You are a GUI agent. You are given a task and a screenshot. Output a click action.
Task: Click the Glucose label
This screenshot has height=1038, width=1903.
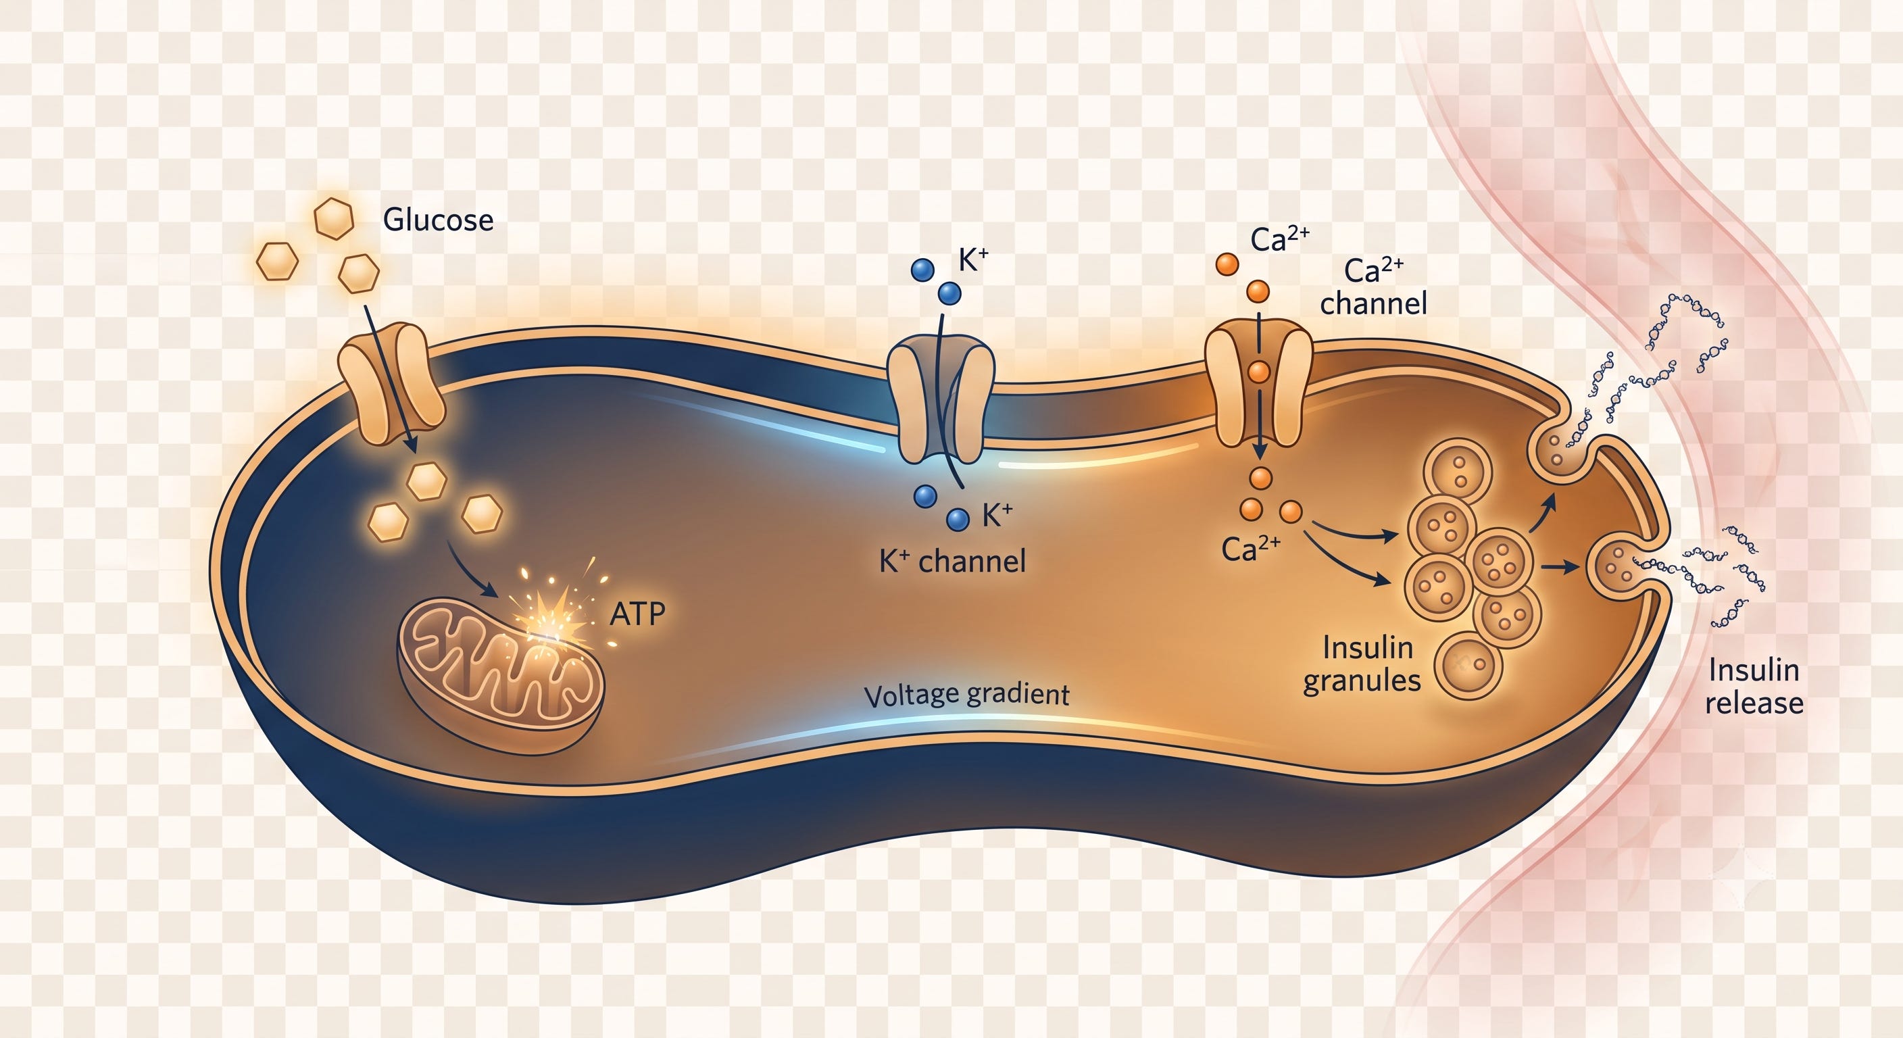[x=438, y=220]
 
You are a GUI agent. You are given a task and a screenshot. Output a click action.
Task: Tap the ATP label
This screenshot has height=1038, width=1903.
[x=637, y=613]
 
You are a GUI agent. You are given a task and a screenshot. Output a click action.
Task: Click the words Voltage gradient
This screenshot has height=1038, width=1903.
[x=966, y=695]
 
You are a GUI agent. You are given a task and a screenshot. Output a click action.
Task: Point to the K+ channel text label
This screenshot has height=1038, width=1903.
[x=952, y=562]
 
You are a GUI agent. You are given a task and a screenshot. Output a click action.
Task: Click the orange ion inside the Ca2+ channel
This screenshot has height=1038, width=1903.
[x=1259, y=371]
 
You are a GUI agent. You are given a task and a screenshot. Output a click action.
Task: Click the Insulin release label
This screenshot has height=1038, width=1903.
[x=1754, y=687]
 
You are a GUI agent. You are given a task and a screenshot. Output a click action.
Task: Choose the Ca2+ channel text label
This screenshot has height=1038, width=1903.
[x=1373, y=287]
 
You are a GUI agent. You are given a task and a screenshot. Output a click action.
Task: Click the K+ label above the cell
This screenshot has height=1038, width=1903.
[x=973, y=261]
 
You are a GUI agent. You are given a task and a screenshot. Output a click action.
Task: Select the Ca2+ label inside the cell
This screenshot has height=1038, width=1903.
[x=1251, y=549]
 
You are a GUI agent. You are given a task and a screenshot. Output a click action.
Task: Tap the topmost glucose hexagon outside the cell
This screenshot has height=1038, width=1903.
[x=334, y=218]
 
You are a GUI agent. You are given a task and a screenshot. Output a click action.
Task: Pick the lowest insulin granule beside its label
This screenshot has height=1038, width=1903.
[x=1468, y=665]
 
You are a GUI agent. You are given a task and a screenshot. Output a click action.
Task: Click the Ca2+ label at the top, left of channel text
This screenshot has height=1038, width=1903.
[x=1280, y=239]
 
